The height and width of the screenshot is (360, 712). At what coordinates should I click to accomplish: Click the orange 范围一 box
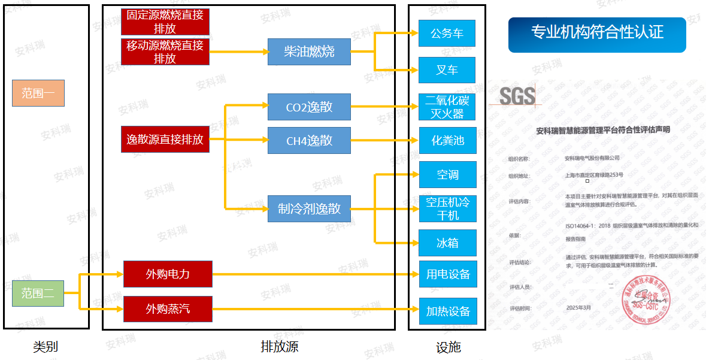38,93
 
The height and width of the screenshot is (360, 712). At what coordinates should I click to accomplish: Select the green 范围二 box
38,294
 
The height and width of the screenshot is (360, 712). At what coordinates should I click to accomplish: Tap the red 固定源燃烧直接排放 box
165,22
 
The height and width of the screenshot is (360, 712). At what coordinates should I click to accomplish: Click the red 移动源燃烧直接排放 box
165,52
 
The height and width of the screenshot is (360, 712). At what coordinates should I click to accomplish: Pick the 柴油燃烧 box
309,52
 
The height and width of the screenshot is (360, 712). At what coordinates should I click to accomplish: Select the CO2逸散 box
309,108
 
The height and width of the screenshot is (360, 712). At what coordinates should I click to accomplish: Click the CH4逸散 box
309,141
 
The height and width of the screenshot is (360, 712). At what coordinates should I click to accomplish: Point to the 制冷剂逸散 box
309,208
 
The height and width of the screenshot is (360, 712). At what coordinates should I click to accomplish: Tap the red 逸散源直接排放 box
165,140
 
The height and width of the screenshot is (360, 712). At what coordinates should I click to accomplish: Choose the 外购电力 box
168,274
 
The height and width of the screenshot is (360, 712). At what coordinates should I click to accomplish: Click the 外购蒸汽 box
168,309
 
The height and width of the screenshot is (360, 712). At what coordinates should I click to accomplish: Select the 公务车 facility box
447,34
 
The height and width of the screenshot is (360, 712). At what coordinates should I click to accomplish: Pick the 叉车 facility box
447,70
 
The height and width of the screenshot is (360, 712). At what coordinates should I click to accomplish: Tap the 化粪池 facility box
447,141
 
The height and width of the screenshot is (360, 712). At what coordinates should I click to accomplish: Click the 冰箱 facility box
447,243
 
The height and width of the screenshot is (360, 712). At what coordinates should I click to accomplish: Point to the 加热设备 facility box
447,311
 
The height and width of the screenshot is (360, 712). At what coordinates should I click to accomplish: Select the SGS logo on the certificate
517,96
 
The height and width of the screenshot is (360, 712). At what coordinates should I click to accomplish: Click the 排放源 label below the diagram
279,346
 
